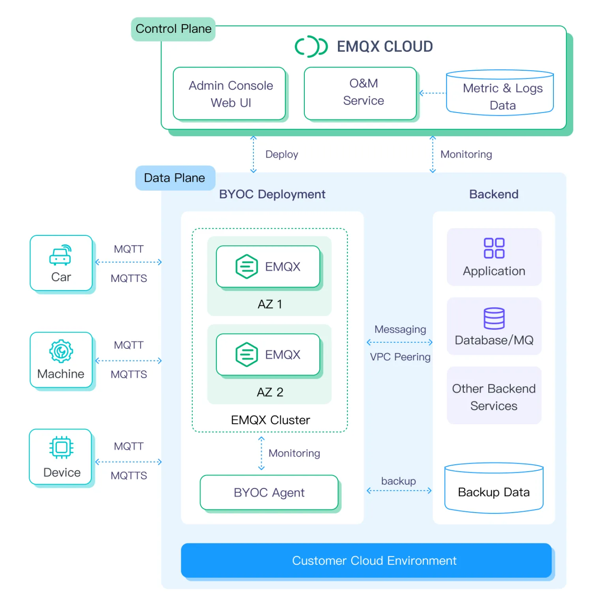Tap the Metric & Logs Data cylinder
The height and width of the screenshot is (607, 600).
(500, 94)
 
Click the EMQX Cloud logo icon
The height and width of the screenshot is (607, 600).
(311, 47)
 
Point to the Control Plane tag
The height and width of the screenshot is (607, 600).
(173, 29)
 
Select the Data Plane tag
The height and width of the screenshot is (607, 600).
(175, 178)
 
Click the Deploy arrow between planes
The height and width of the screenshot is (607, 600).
(253, 154)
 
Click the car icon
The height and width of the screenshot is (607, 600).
(60, 255)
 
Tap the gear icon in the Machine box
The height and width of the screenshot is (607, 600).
(61, 351)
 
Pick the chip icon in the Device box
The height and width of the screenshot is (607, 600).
(61, 447)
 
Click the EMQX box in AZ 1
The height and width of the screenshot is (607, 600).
(268, 267)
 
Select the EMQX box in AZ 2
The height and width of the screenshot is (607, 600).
(268, 355)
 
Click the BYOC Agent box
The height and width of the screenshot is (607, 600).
(269, 492)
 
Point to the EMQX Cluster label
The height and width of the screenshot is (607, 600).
(270, 420)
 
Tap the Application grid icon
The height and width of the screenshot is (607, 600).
(494, 248)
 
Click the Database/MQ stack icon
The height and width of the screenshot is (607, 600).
(494, 318)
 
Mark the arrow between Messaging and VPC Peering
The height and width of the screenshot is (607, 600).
(399, 342)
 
